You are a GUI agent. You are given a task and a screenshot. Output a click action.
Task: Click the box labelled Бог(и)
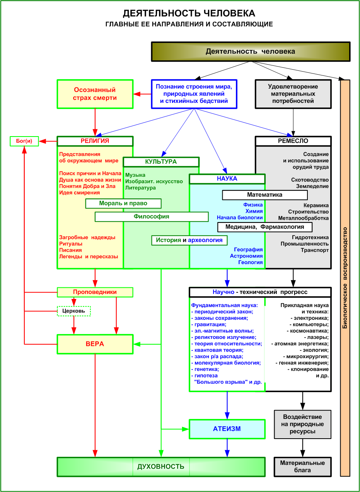(x=24, y=141)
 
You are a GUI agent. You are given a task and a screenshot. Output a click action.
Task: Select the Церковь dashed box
(x=74, y=311)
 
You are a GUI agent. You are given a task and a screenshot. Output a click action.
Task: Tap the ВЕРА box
(x=95, y=344)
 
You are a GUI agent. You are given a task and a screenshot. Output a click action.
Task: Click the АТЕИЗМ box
(x=227, y=429)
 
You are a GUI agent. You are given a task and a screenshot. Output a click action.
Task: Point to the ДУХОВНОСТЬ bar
(x=161, y=466)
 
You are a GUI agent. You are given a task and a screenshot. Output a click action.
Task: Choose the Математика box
(x=264, y=195)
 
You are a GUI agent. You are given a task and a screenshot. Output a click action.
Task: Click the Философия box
(x=152, y=217)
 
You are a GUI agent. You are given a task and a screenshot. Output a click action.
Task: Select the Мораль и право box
(x=123, y=203)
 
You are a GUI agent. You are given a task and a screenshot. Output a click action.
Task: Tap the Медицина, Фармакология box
(x=264, y=227)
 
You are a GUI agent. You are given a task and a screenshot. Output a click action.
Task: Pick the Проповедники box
(x=95, y=292)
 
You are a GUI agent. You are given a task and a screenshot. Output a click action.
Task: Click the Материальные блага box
(x=302, y=466)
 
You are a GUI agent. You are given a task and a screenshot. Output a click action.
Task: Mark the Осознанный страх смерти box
(x=95, y=94)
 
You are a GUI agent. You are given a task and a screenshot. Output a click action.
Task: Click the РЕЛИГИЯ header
(x=95, y=141)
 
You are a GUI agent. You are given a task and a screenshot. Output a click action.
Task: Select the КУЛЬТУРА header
(x=161, y=162)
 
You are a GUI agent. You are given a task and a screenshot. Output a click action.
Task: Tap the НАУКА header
(x=227, y=179)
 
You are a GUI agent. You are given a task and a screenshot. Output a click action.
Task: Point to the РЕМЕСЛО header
(x=293, y=141)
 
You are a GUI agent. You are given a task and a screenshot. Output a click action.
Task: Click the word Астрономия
(x=246, y=256)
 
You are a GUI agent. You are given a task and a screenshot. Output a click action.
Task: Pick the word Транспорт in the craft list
(x=315, y=250)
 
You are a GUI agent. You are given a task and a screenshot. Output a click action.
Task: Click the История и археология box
(x=189, y=240)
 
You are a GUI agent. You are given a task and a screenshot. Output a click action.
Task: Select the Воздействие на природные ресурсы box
(x=302, y=424)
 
